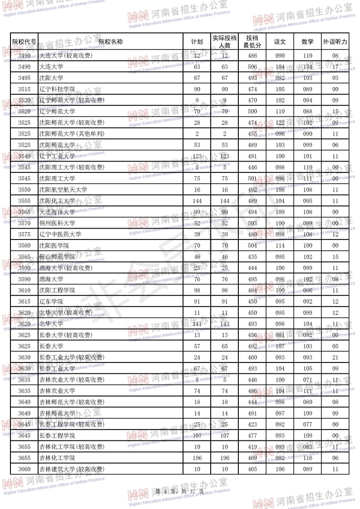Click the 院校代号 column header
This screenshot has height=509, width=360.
24,42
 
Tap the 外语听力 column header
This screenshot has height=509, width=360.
335,42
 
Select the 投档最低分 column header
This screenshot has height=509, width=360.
252,42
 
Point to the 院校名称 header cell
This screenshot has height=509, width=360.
110,42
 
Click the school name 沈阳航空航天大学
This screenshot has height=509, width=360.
63,190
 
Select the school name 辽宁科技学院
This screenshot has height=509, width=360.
57,89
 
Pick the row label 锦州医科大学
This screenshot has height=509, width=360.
57,223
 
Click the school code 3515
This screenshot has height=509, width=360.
24,89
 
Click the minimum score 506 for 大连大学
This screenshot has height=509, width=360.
252,67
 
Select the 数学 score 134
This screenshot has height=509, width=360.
307,67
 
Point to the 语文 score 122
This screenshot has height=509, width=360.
280,122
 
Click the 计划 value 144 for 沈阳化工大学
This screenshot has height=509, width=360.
197,201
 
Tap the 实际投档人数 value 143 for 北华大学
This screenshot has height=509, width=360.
225,324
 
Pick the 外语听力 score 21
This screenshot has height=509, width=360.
335,357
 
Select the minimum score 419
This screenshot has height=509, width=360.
252,447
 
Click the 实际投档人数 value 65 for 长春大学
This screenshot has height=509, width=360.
225,346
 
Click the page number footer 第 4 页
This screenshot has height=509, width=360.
179,492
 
